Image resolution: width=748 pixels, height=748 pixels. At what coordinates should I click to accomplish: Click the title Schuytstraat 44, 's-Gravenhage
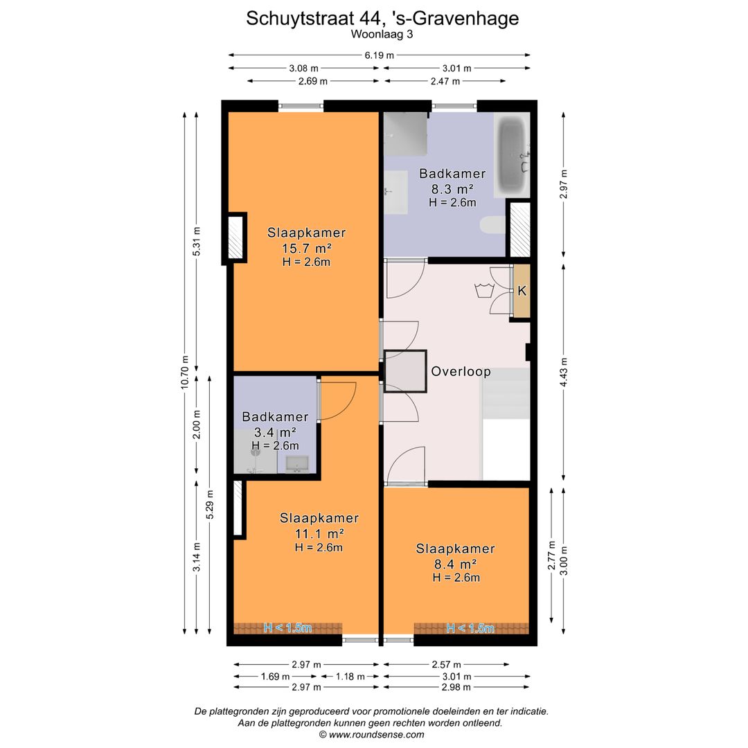click(382, 19)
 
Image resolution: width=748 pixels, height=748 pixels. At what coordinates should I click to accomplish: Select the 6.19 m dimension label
click(380, 55)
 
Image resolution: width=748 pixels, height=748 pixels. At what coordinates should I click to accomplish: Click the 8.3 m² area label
click(452, 188)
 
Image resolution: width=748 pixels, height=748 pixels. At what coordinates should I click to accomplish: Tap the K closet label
click(522, 291)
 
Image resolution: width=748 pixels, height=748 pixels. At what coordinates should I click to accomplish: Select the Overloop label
click(461, 372)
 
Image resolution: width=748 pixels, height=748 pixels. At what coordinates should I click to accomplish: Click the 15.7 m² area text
click(306, 248)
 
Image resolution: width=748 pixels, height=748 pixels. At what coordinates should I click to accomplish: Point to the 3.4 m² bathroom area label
click(275, 432)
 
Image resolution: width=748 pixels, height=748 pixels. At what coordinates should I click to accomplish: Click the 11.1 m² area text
click(319, 533)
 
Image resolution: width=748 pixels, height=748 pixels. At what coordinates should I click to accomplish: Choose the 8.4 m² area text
click(455, 564)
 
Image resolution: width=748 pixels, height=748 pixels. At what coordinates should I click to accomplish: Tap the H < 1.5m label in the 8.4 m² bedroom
click(470, 628)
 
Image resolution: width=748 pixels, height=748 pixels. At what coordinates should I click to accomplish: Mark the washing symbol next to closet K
click(483, 289)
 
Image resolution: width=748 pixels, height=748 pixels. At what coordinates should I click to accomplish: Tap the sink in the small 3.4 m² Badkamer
click(297, 463)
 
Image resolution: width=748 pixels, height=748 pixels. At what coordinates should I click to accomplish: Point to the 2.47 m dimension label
click(445, 81)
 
